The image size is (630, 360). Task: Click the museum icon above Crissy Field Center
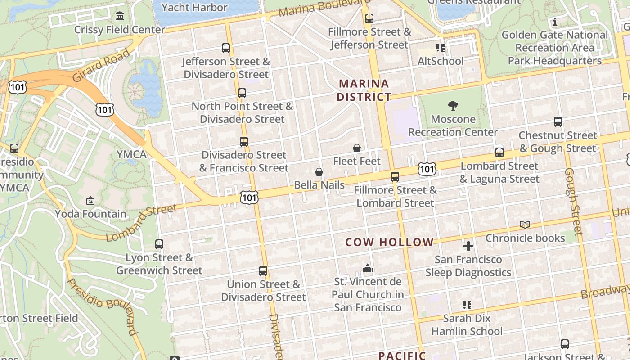pos(120,16)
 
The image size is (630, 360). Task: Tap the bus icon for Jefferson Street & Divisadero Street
pos(226,48)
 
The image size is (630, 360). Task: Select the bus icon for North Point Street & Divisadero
pos(242,93)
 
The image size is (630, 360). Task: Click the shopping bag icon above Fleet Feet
pos(357,148)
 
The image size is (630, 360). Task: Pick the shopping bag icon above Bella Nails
pos(319,172)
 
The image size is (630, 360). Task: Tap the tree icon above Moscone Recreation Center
pos(453,106)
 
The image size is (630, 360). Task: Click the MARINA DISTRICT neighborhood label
pos(364,90)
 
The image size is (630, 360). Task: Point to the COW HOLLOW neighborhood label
pos(389,242)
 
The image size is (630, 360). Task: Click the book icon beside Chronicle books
pos(525,225)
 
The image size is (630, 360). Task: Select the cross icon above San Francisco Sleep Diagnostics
pos(468,246)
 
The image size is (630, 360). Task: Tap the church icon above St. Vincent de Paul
pos(368,269)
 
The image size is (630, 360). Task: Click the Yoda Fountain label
pos(91,214)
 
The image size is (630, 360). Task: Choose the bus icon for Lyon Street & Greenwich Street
pos(159,244)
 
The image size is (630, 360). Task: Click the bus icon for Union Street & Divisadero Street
pos(263,271)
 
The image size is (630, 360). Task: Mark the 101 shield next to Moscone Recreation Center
pos(427,169)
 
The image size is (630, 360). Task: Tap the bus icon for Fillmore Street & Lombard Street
pos(395,177)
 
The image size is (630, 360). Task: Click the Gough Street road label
pos(573,201)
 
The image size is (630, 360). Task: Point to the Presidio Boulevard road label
pos(103,306)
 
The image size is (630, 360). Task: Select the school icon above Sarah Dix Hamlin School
pos(467,305)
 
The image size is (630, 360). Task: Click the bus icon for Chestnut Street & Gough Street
pos(558,122)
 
